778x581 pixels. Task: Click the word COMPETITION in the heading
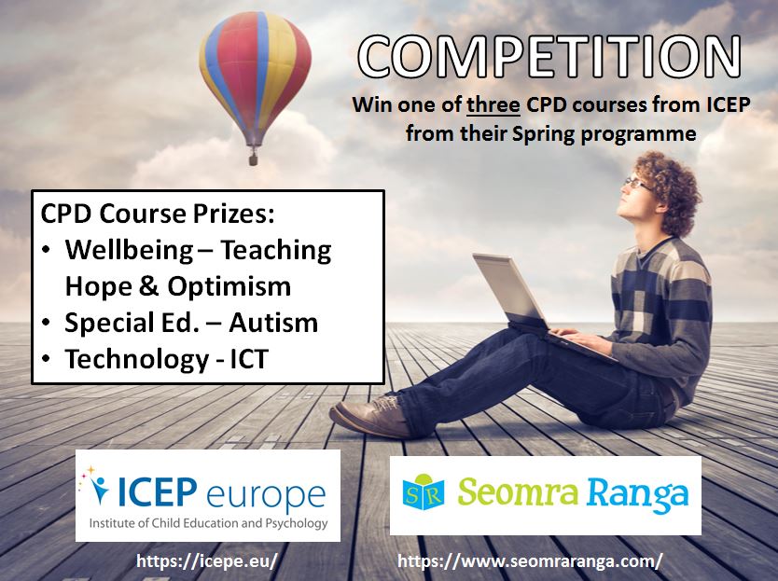coord(549,57)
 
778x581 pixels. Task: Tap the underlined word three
coord(493,105)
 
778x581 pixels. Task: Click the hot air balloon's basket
coord(253,159)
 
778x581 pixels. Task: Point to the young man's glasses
coord(636,183)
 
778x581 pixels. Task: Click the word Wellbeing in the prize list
coord(129,251)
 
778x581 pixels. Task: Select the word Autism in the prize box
coord(273,323)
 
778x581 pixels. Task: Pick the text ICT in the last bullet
coord(249,359)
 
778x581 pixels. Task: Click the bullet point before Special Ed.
coord(46,323)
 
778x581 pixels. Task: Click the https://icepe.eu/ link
coord(206,561)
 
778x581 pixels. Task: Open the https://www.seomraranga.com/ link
coord(530,561)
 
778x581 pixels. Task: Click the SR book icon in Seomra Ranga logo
coord(424,491)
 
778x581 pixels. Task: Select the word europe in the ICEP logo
coord(266,494)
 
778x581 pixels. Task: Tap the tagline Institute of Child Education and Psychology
coord(208,523)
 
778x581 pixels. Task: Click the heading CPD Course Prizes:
coord(158,214)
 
